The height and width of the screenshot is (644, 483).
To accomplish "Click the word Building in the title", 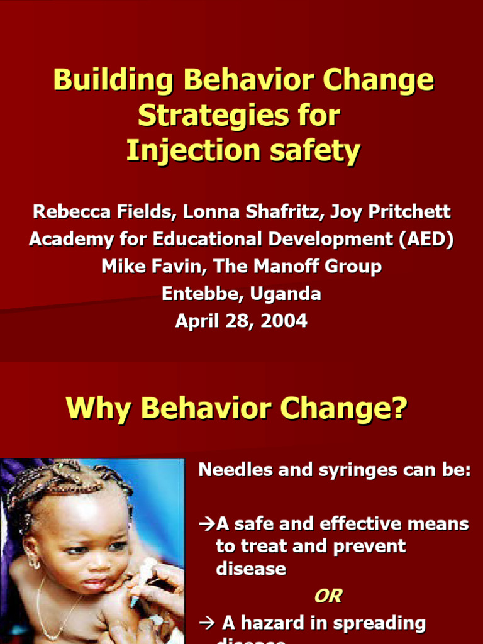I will pyautogui.click(x=104, y=80).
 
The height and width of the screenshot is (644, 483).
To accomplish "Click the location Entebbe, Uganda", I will pyautogui.click(x=241, y=294).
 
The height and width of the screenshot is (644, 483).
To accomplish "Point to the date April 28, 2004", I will pyautogui.click(x=241, y=321).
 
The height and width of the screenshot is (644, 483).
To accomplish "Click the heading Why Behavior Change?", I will pyautogui.click(x=236, y=409).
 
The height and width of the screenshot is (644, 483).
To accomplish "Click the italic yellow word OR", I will pyautogui.click(x=327, y=596).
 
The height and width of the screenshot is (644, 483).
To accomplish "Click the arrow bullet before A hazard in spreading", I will pyautogui.click(x=207, y=623).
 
